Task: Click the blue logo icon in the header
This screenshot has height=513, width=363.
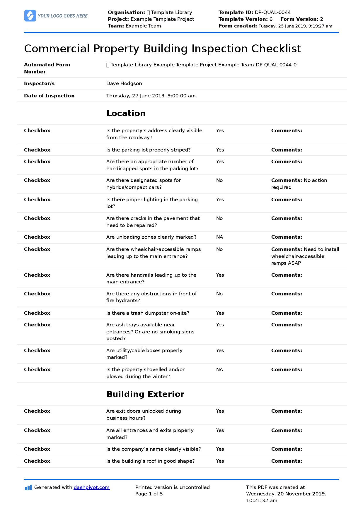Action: click(30, 16)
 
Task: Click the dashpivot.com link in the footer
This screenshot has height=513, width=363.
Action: click(91, 487)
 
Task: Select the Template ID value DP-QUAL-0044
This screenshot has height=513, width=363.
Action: click(272, 12)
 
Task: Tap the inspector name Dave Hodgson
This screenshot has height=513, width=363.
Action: click(124, 83)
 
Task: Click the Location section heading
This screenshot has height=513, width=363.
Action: click(126, 113)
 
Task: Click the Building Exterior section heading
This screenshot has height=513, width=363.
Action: click(145, 394)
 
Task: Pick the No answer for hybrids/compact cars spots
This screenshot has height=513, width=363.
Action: click(219, 180)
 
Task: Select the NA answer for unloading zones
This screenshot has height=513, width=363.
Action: click(219, 237)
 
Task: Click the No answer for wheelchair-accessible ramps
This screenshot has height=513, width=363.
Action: click(219, 249)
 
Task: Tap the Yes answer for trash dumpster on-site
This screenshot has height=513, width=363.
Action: click(220, 313)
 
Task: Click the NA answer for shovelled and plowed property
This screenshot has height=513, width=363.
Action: click(219, 369)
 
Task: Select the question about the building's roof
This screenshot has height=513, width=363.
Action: click(150, 461)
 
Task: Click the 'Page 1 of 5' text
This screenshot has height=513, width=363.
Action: click(149, 494)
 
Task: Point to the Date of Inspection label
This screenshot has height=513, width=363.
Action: click(49, 96)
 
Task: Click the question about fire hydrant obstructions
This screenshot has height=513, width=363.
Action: click(151, 297)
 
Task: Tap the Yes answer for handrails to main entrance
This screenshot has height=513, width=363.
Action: click(220, 275)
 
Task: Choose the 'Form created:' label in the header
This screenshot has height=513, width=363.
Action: click(238, 26)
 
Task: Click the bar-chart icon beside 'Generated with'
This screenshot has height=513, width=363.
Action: click(28, 488)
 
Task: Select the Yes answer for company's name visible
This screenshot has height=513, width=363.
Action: click(220, 449)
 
